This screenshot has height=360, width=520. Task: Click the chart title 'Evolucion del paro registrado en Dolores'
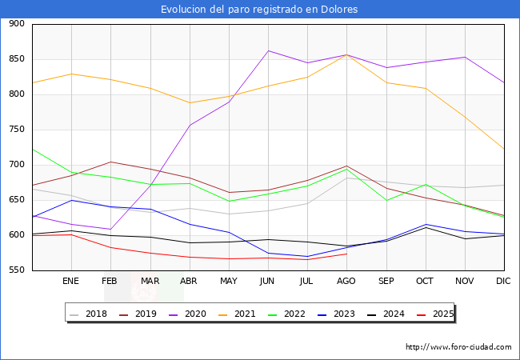(259, 10)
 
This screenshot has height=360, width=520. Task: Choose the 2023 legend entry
(342, 314)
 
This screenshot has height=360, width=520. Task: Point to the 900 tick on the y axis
(16, 24)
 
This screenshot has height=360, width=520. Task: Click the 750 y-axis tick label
(16, 130)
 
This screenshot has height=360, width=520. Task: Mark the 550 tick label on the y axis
(16, 270)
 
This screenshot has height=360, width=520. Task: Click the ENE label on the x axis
(71, 282)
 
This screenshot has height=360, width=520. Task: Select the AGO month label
(346, 282)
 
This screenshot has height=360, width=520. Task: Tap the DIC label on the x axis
(503, 282)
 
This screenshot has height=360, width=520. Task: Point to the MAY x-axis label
(229, 282)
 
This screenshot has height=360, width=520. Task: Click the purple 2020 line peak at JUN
(268, 50)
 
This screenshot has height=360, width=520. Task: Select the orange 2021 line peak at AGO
(346, 54)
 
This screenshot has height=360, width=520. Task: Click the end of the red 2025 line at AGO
(346, 254)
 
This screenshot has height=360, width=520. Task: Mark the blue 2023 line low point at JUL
(307, 256)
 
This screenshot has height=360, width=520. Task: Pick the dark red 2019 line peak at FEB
(110, 162)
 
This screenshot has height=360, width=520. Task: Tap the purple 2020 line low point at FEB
(110, 229)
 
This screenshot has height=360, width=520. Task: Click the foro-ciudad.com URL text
(458, 347)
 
